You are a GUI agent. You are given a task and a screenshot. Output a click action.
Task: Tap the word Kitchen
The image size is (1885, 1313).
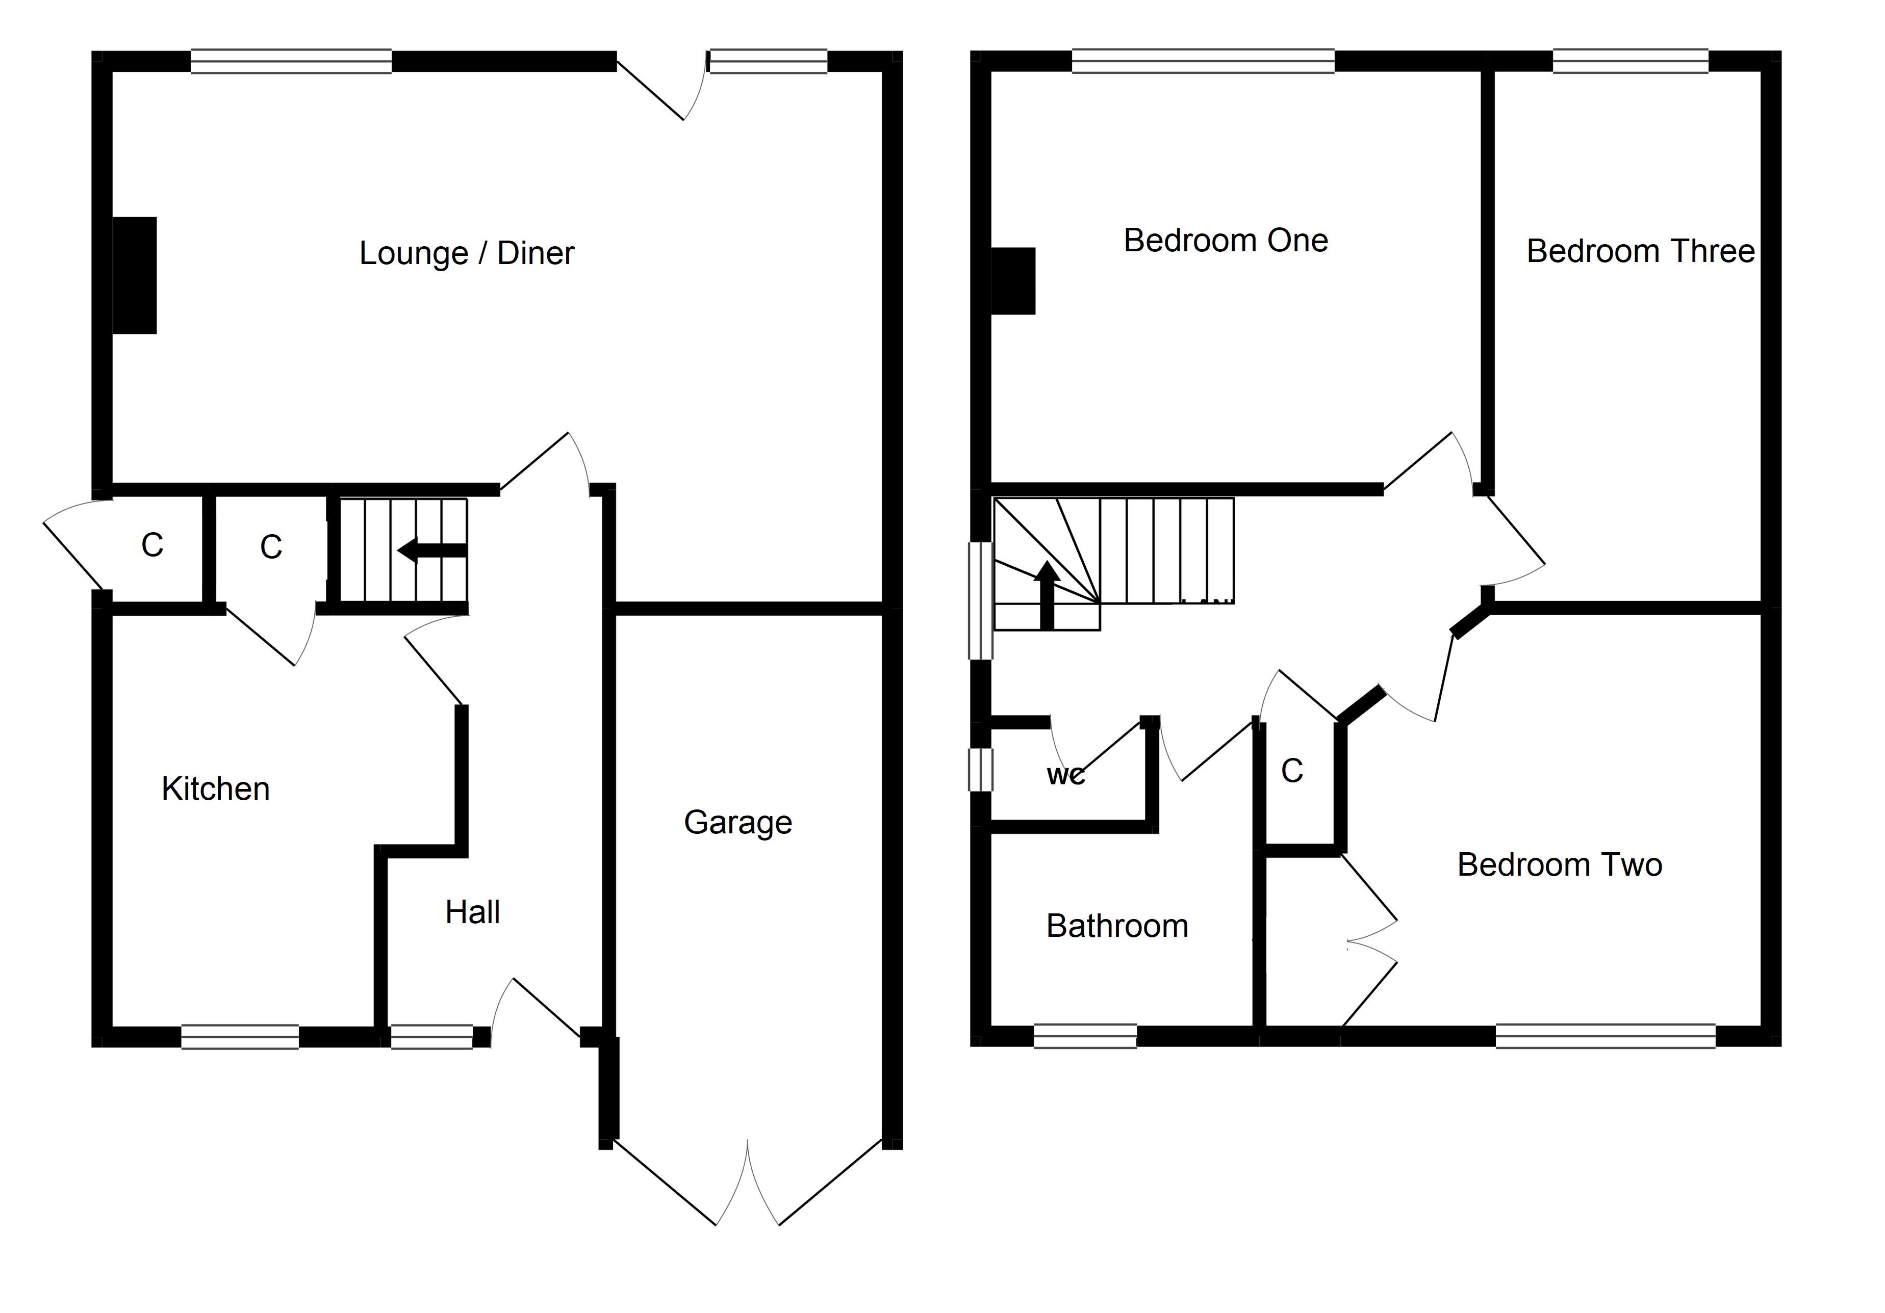click(215, 789)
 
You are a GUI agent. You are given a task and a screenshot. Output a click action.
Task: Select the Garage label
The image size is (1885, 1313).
click(737, 822)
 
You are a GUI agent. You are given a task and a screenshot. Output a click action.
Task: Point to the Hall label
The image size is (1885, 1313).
click(472, 912)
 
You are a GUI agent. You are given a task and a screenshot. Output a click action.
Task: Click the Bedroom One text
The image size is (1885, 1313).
click(1225, 241)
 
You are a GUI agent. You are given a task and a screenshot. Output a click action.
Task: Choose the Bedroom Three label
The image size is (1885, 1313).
click(1640, 251)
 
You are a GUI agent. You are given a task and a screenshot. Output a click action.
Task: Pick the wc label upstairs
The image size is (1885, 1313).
click(1065, 775)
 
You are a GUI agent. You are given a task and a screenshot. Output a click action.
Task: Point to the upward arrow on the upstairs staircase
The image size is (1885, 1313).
click(1046, 595)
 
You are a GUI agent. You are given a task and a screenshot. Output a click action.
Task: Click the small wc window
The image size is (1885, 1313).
click(980, 770)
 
